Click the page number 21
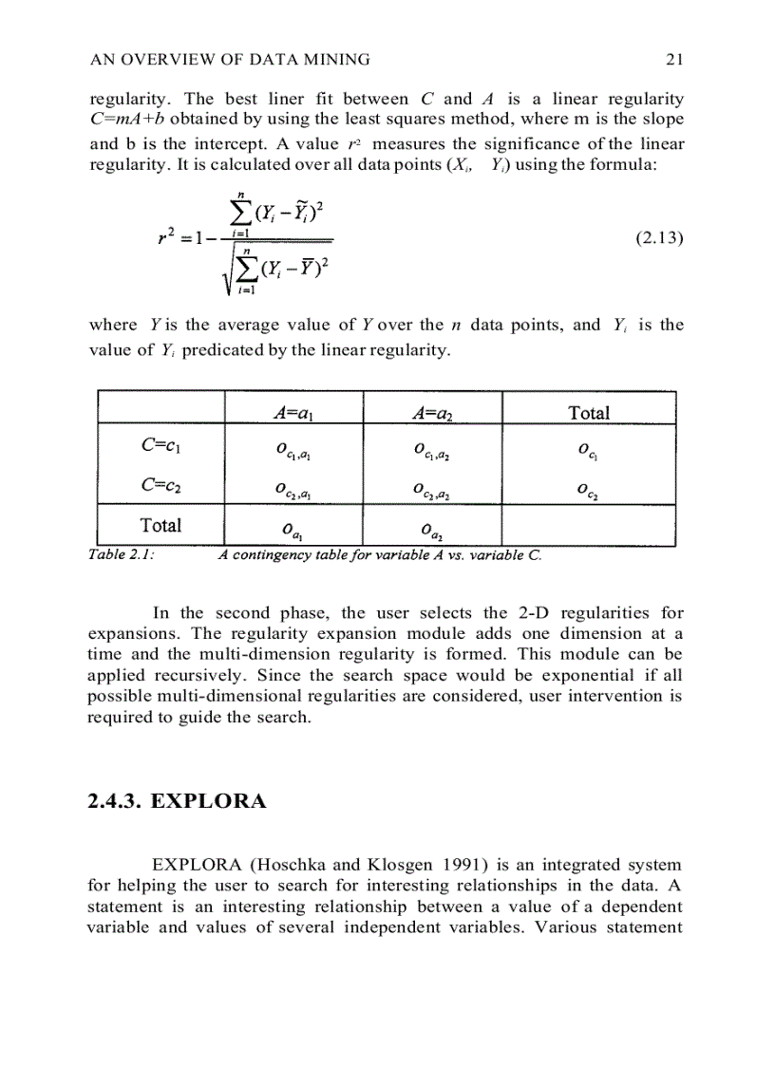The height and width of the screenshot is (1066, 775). pyautogui.click(x=674, y=60)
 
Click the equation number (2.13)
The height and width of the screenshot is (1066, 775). pyautogui.click(x=658, y=238)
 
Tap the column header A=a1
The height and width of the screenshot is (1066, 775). pyautogui.click(x=294, y=412)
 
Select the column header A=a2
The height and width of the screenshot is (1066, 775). pyautogui.click(x=432, y=412)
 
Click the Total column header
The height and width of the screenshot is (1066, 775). pyautogui.click(x=589, y=412)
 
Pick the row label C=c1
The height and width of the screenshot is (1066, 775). pyautogui.click(x=161, y=447)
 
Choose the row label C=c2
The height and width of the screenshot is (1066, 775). pyautogui.click(x=161, y=487)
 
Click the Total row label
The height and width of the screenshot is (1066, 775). pyautogui.click(x=161, y=525)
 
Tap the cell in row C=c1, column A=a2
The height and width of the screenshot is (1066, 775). pyautogui.click(x=432, y=450)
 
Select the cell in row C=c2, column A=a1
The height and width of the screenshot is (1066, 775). pyautogui.click(x=294, y=490)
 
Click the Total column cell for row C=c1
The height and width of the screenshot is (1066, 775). pyautogui.click(x=589, y=450)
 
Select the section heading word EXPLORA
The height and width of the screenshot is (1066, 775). pyautogui.click(x=208, y=801)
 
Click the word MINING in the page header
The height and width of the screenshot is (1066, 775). pyautogui.click(x=337, y=60)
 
